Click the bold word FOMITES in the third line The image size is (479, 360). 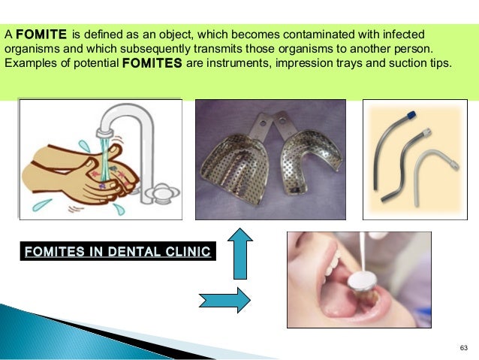(150, 63)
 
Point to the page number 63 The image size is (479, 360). (462, 347)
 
